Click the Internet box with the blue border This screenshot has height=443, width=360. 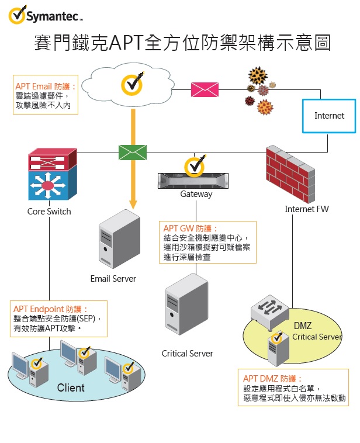pyautogui.click(x=329, y=116)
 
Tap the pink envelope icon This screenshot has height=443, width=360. pyautogui.click(x=205, y=89)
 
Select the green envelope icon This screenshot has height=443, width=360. pyautogui.click(x=133, y=152)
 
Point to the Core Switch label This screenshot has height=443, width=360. pyautogui.click(x=49, y=212)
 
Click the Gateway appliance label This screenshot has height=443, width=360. pyautogui.click(x=196, y=194)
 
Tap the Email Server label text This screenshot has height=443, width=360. pyautogui.click(x=113, y=278)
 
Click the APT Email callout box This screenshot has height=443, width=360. pyautogui.click(x=46, y=94)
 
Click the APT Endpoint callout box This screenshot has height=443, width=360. pyautogui.click(x=59, y=319)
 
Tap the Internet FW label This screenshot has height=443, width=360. pyautogui.click(x=307, y=209)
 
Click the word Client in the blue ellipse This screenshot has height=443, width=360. pyautogui.click(x=71, y=387)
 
